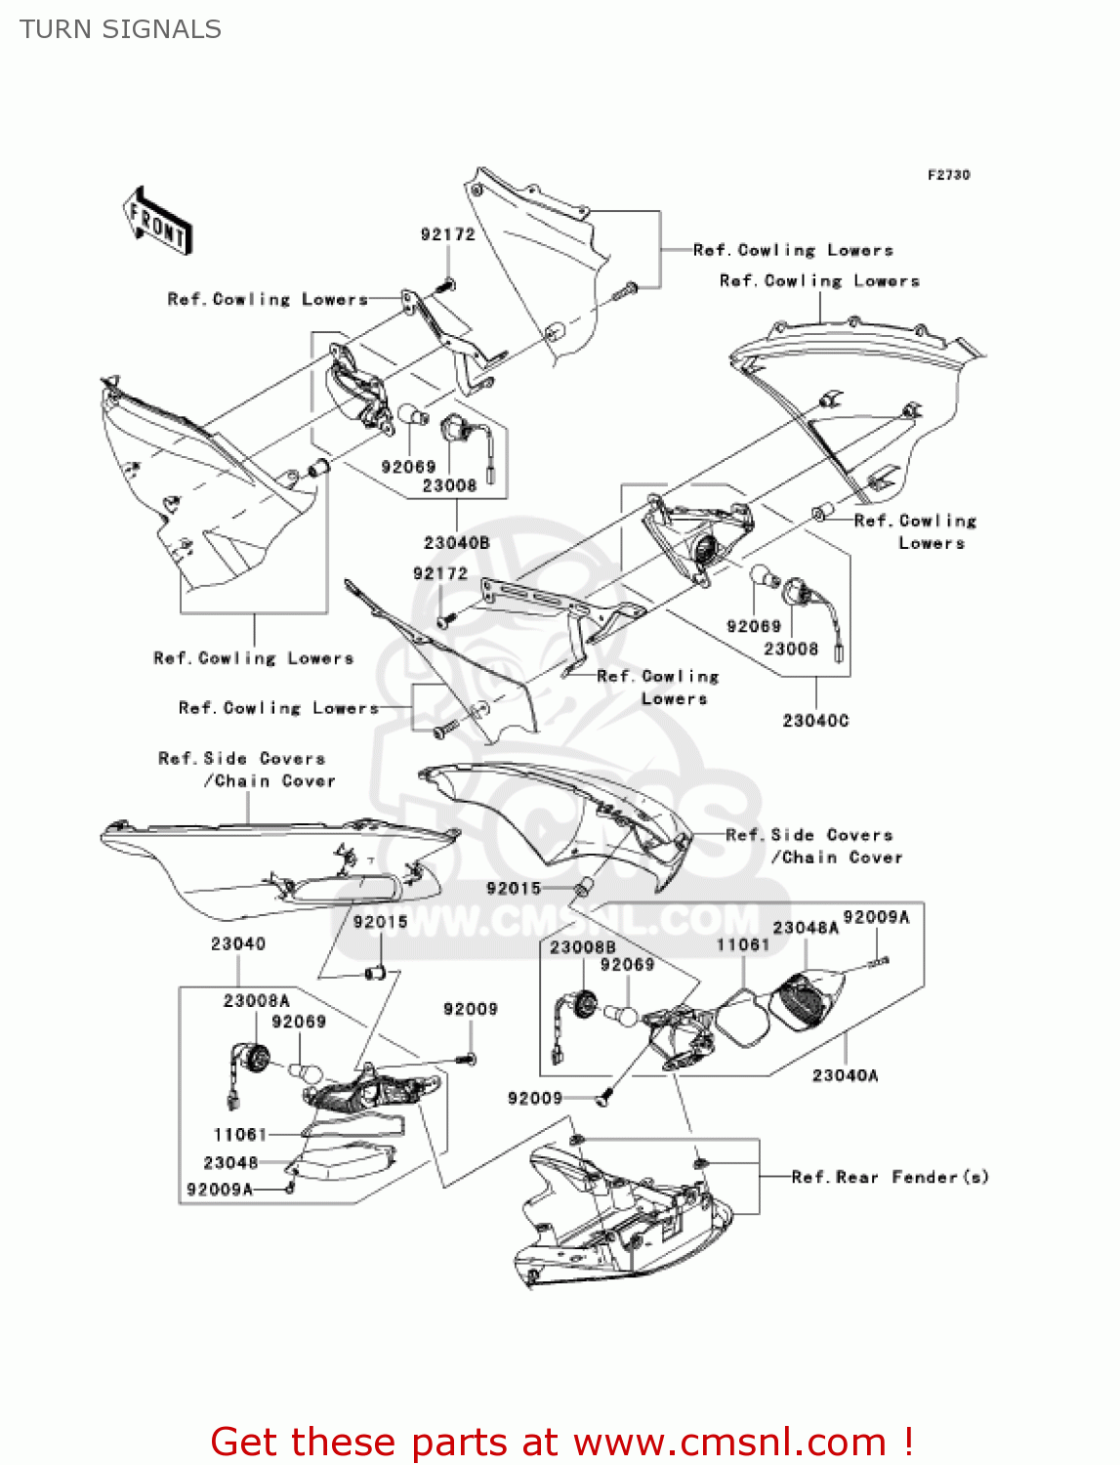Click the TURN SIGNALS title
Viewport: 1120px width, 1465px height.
click(120, 29)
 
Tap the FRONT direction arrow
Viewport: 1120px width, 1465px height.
click(157, 222)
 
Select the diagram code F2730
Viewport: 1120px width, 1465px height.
click(948, 175)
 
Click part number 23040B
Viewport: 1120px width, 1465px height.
click(456, 543)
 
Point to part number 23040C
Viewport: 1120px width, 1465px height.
click(815, 721)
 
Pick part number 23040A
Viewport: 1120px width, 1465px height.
click(845, 1075)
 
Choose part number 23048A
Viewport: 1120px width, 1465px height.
click(806, 928)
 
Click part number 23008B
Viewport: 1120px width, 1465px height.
click(582, 947)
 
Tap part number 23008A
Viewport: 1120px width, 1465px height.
click(256, 1001)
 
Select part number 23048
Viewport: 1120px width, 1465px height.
click(230, 1163)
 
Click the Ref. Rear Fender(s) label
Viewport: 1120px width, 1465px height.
click(890, 1177)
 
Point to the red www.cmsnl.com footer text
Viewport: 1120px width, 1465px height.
click(561, 1443)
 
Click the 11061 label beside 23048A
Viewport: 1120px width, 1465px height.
click(742, 944)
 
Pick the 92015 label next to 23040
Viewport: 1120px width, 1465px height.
click(380, 922)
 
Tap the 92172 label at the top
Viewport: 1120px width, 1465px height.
click(447, 234)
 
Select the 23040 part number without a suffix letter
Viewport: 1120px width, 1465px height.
click(237, 943)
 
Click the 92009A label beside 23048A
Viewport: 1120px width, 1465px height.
click(876, 917)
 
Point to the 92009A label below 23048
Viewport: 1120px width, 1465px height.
click(219, 1190)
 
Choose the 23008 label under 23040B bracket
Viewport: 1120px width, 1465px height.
click(449, 485)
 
